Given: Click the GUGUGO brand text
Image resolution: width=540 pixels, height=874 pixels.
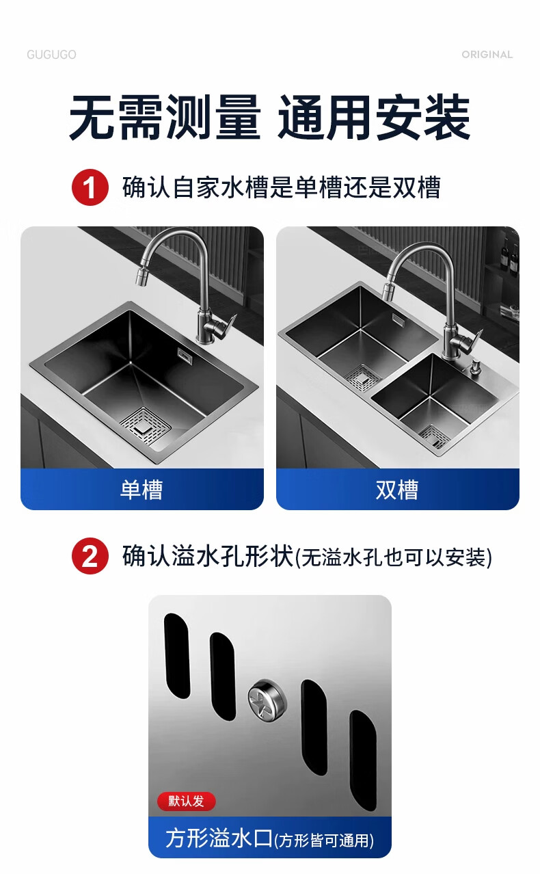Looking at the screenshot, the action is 51,55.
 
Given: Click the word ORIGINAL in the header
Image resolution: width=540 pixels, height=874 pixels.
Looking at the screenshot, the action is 487,55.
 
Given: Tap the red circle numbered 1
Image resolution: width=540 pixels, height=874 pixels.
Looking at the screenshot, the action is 90,187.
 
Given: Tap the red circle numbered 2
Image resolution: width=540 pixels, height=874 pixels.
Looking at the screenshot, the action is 90,556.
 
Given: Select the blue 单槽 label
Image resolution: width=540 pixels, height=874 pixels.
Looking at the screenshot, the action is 142,489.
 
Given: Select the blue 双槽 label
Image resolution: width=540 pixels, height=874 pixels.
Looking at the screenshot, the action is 398,489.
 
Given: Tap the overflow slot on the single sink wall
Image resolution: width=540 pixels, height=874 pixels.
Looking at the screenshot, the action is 184,355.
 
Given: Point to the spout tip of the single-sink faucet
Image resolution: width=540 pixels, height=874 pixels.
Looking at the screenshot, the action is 140,277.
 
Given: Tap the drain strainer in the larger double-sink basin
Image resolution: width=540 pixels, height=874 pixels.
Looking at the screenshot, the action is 363,377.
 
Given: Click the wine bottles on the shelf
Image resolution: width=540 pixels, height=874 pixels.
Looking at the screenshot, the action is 510,256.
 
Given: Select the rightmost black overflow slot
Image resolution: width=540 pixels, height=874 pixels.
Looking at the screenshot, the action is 363,760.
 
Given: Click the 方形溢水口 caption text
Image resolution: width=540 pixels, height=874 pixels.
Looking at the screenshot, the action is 219,838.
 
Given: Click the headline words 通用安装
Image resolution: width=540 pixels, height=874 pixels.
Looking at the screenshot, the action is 374,117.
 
